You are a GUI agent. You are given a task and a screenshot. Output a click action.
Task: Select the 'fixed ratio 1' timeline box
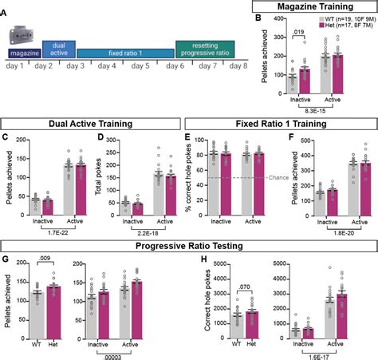click(x=126, y=53)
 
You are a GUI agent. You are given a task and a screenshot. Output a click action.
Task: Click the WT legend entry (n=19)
click(x=336, y=18)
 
